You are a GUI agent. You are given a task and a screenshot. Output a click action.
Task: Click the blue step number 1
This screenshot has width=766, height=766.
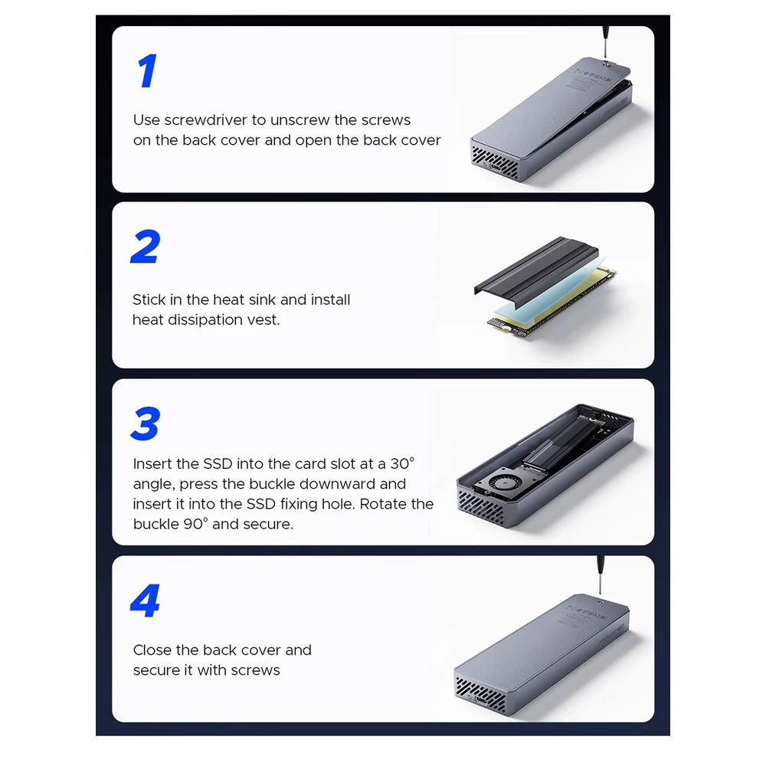[146, 70]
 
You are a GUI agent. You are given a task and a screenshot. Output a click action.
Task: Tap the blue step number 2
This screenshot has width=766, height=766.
[146, 247]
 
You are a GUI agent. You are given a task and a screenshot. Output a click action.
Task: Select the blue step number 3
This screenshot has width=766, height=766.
[146, 424]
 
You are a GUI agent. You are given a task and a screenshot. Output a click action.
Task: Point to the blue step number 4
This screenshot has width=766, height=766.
[145, 601]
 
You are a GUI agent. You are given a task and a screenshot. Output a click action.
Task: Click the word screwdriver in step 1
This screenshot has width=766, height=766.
[207, 120]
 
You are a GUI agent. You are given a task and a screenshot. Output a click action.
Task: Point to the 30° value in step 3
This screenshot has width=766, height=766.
[403, 463]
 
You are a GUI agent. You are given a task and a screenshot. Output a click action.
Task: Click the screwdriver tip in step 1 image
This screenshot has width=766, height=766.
[606, 61]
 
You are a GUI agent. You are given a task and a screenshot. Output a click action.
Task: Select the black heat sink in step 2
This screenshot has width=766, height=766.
[536, 267]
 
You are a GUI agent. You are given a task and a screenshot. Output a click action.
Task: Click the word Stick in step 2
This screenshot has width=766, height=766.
[149, 300]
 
